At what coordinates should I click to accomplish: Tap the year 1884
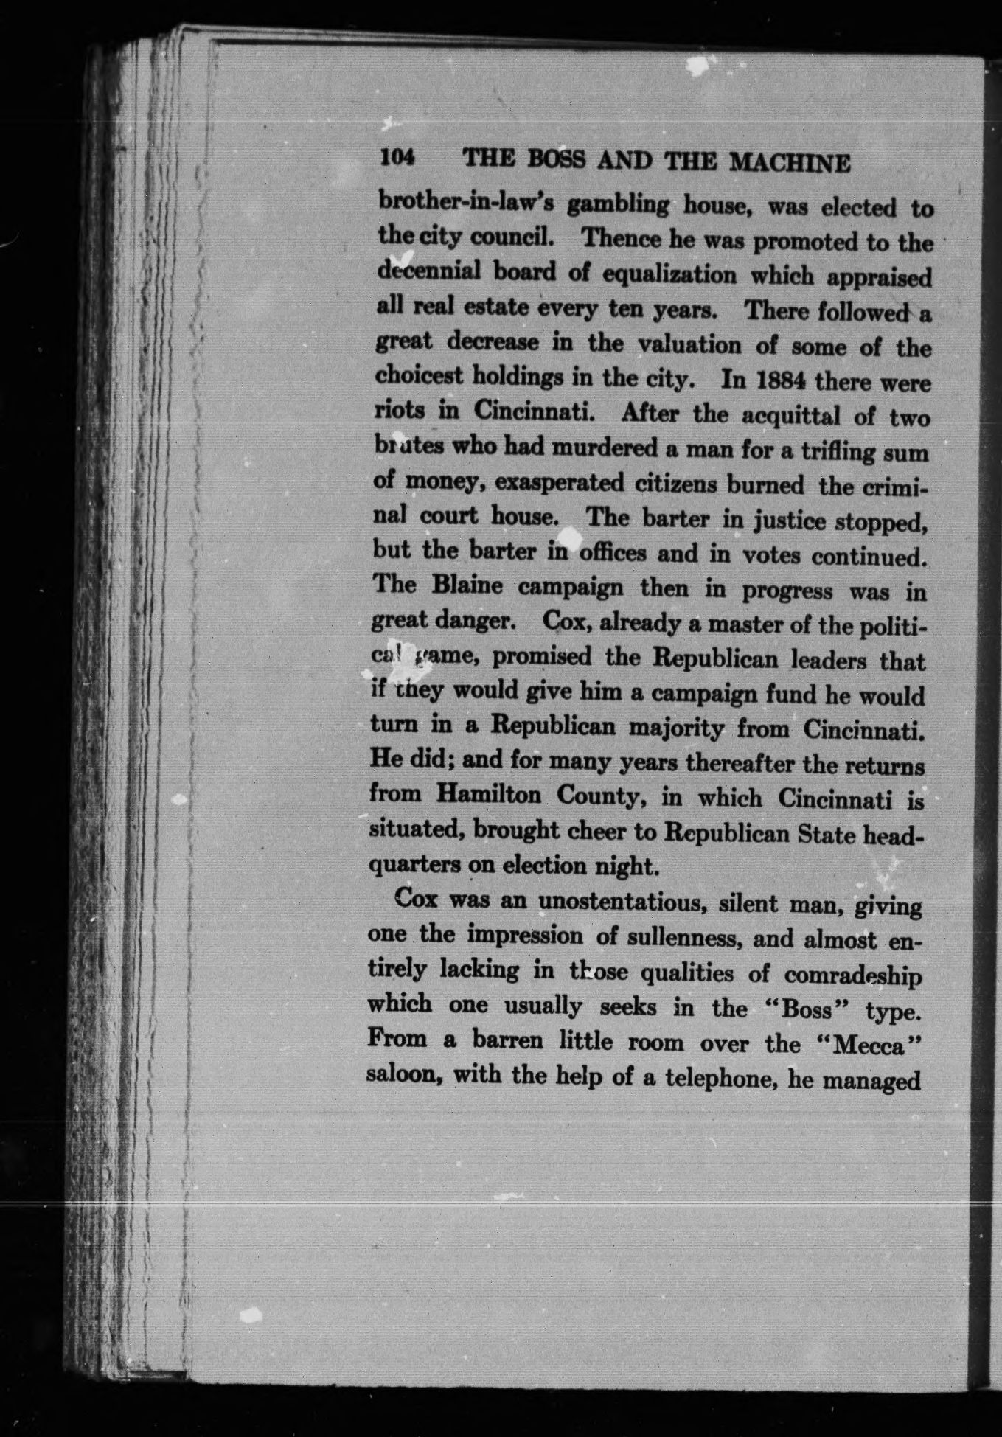coord(765,382)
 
